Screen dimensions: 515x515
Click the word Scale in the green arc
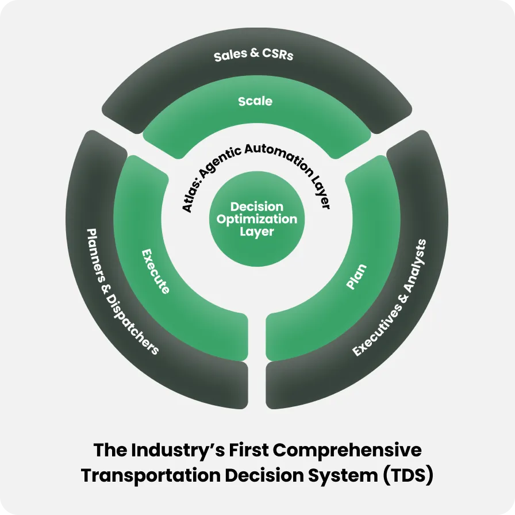coord(255,101)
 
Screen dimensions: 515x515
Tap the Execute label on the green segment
coord(155,271)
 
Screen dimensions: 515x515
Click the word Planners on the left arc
coord(97,257)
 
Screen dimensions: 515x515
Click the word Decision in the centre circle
coord(257,207)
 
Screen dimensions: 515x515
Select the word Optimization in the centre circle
coord(257,220)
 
